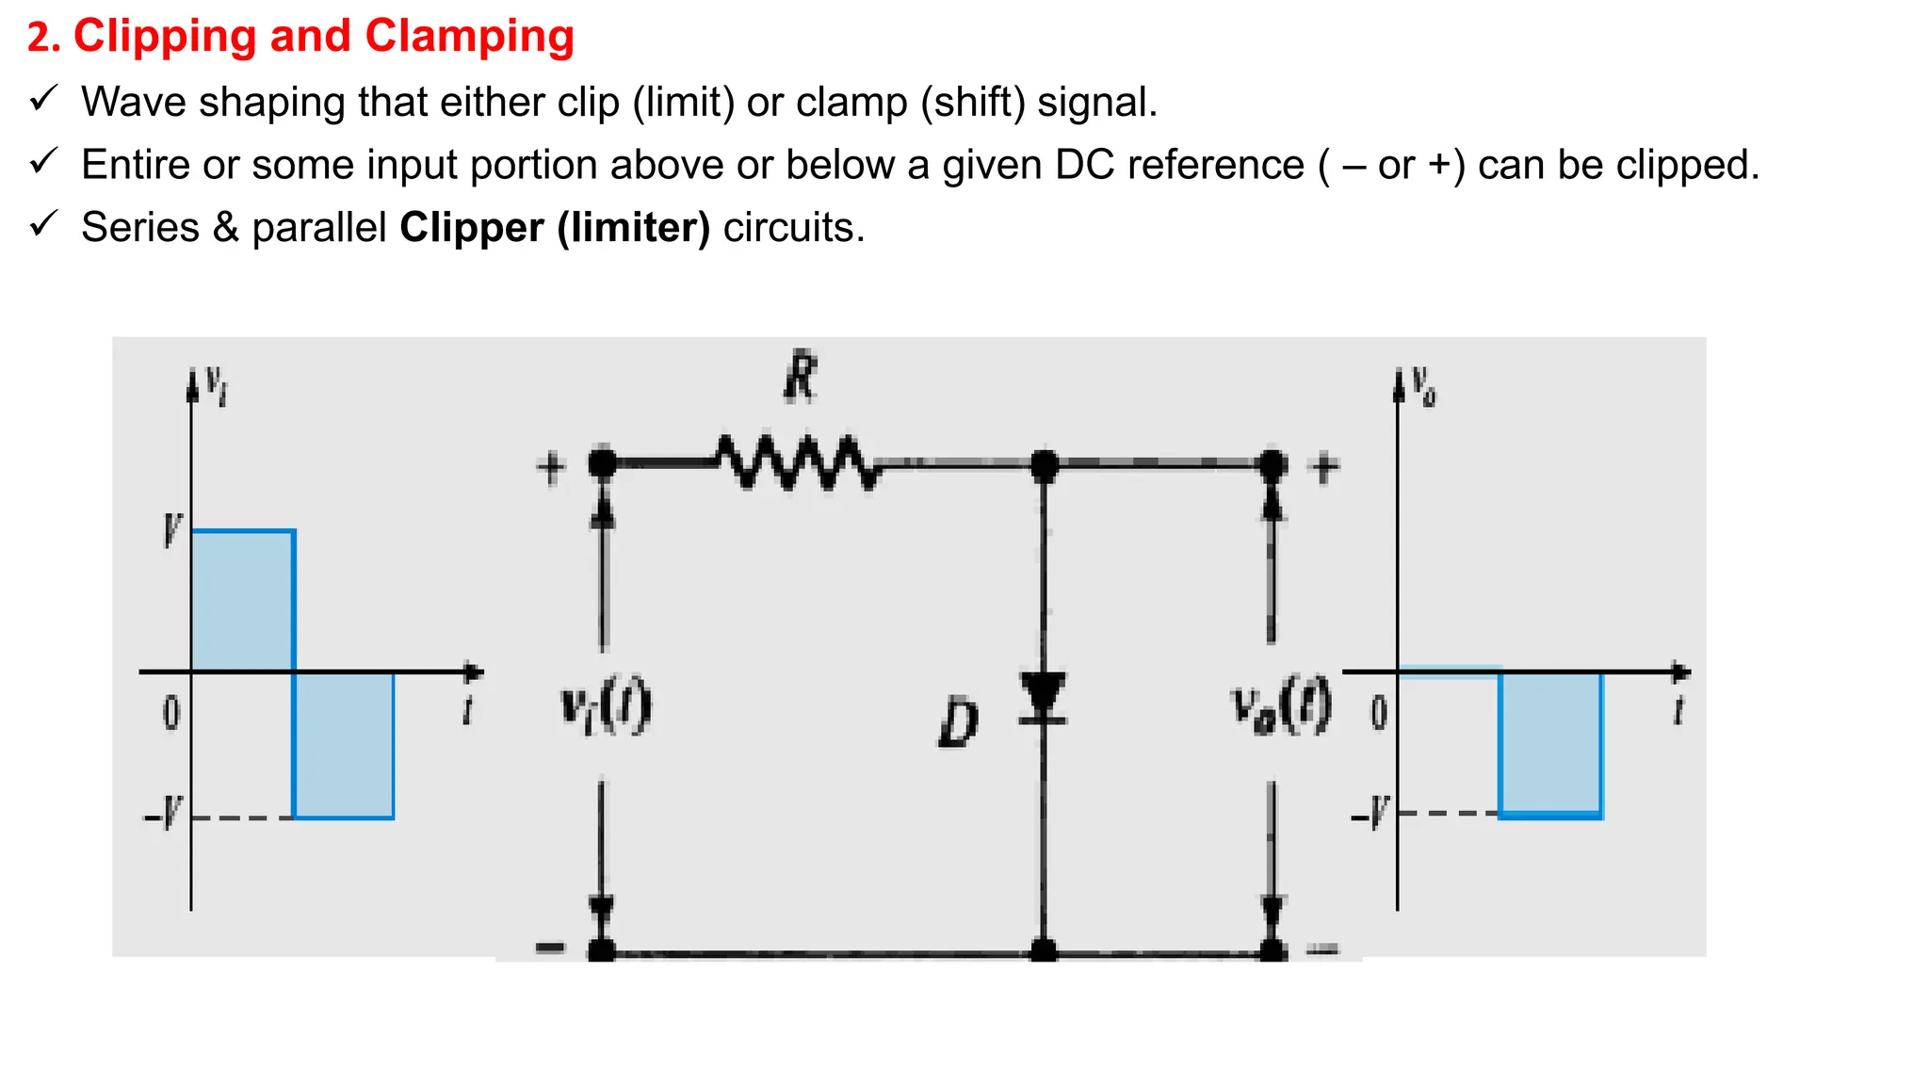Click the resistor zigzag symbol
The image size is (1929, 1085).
(799, 462)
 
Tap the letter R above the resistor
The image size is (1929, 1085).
(800, 377)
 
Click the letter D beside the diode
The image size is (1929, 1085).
(959, 723)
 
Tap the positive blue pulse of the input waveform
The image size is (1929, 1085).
(243, 600)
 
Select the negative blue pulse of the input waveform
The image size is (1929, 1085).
(344, 744)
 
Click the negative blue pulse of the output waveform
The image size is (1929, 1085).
(1550, 743)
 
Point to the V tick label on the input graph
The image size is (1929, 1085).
(171, 530)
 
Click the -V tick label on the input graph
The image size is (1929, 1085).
(163, 813)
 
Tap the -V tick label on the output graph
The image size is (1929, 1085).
(1370, 813)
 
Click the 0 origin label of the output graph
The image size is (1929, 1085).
(1379, 713)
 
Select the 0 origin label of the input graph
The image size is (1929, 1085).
(170, 713)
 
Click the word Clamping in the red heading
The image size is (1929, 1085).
(469, 37)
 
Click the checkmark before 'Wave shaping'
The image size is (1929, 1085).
(43, 98)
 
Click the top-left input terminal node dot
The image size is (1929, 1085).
(603, 463)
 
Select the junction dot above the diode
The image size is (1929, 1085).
(1044, 464)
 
